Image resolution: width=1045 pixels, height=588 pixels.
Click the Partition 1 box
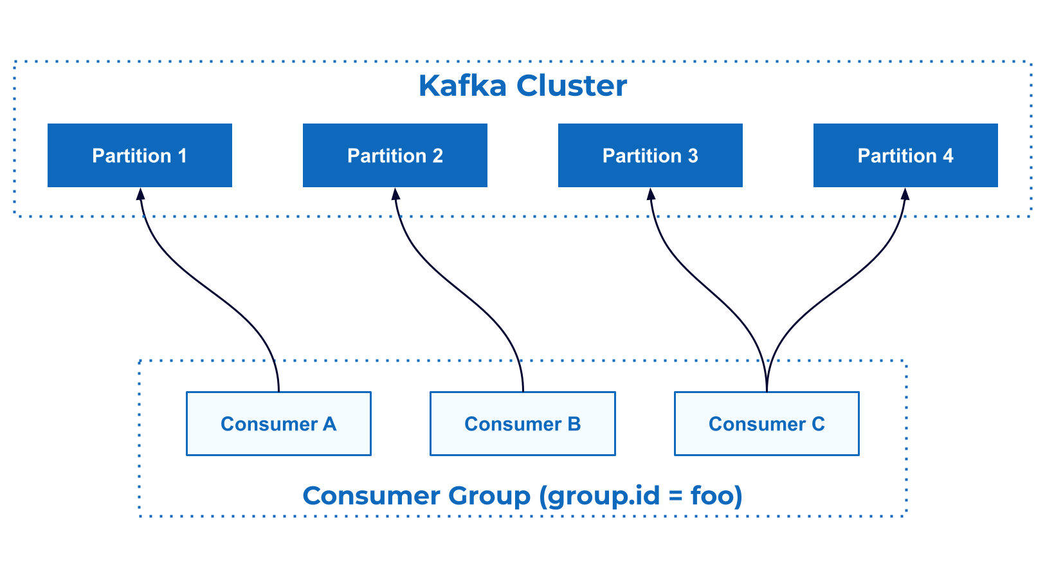[x=140, y=156]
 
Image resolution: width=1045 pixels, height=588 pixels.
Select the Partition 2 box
[x=395, y=156]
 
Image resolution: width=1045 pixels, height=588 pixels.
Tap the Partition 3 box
[x=650, y=156]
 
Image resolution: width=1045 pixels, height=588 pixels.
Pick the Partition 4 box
[x=905, y=156]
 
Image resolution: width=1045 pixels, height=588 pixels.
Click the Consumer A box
[x=278, y=424]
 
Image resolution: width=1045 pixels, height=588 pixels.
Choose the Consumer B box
[x=522, y=424]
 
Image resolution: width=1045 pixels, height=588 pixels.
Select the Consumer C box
[x=767, y=424]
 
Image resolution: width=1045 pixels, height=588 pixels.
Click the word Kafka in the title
[x=462, y=86]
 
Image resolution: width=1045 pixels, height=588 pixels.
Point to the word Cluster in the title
[x=572, y=86]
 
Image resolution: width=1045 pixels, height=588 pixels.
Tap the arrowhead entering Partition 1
[x=140, y=194]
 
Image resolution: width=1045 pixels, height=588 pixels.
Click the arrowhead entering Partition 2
[x=395, y=194]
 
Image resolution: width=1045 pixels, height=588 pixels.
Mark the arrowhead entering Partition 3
[x=651, y=194]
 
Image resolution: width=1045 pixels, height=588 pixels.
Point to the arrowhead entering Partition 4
[x=905, y=194]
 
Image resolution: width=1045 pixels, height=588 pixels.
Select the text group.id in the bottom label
[x=604, y=497]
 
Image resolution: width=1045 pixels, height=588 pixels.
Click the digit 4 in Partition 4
[x=947, y=156]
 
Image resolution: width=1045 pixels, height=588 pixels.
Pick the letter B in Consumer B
[x=574, y=424]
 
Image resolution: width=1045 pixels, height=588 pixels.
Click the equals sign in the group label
[x=675, y=496]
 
